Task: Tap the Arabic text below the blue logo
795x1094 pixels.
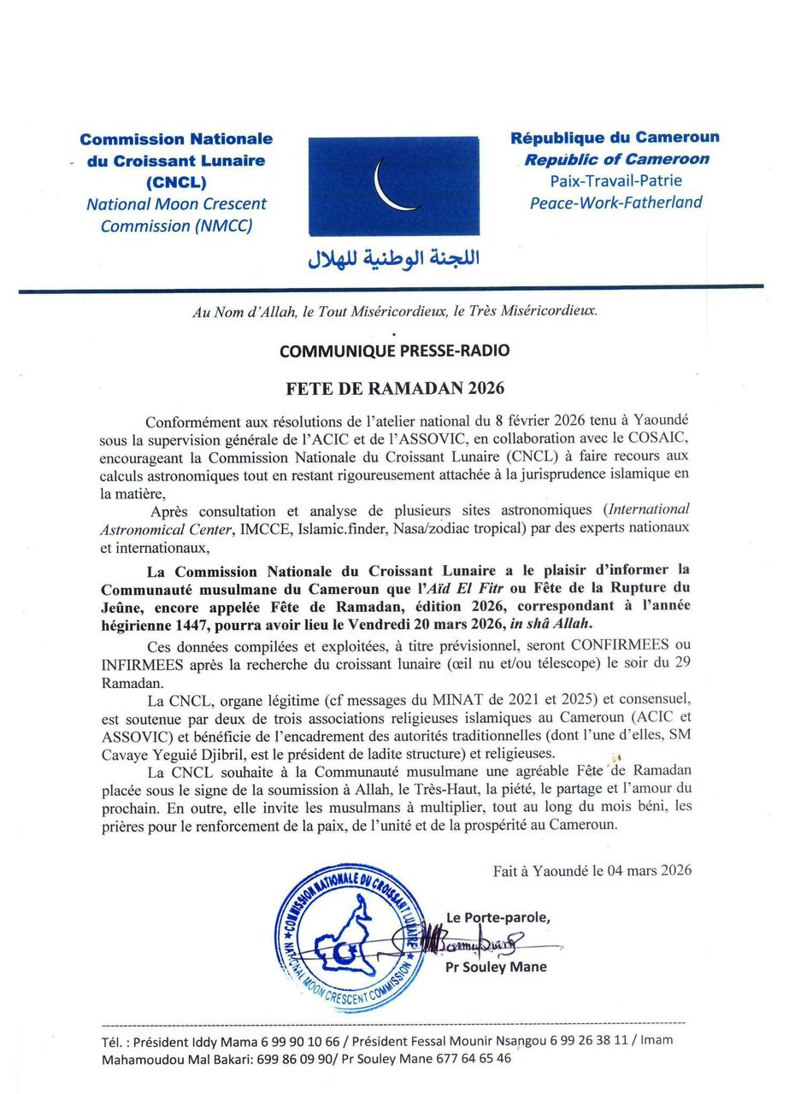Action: (393, 258)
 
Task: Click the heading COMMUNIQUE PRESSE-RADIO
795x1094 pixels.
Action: (394, 350)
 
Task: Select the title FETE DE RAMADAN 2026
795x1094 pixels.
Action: (395, 388)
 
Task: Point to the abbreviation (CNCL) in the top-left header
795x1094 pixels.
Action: (176, 182)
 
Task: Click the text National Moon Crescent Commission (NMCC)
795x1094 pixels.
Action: (176, 215)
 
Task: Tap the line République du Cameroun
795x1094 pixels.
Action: (615, 137)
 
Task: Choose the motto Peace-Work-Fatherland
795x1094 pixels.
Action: (615, 203)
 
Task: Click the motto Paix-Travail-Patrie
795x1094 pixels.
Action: (615, 180)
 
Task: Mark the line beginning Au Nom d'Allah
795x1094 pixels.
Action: (394, 312)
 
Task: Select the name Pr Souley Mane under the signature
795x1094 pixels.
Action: (496, 968)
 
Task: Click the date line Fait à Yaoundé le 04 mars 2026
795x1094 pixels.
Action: (592, 871)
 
